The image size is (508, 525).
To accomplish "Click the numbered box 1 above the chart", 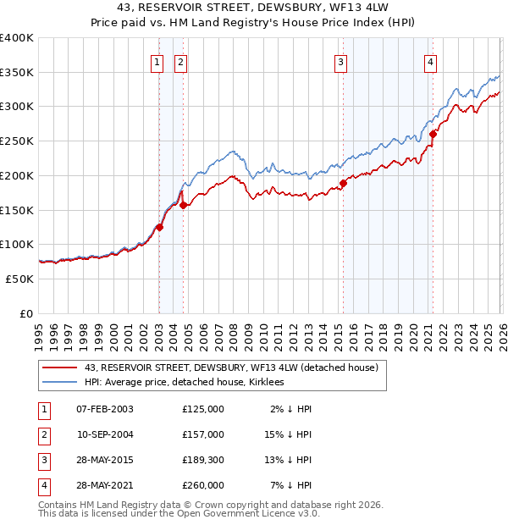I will coord(157,61).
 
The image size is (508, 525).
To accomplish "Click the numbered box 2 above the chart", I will coord(181,61).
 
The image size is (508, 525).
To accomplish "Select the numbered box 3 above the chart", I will coord(340,61).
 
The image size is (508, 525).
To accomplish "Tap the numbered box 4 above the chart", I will coord(431,61).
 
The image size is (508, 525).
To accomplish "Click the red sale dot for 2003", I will coord(159,227).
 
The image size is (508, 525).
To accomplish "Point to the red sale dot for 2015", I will coord(344,183).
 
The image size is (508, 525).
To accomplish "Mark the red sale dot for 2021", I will coord(433,134).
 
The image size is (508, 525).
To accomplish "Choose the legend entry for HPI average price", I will coord(184,382).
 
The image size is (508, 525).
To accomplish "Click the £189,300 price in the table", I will coord(203,460).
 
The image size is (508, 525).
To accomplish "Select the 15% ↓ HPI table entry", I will coord(289,434).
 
